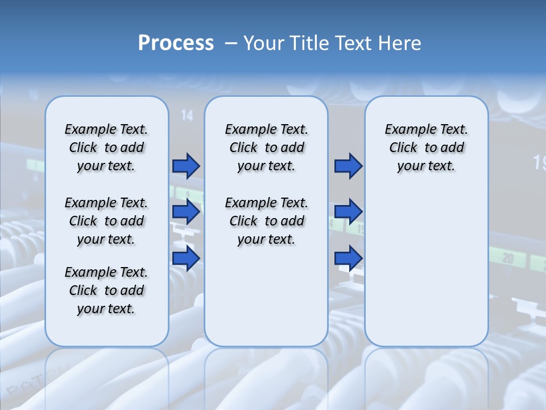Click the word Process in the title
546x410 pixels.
pos(176,43)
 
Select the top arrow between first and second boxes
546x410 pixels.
pos(186,166)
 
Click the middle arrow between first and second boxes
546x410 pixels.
pos(186,212)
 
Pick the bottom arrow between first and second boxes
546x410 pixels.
pos(186,258)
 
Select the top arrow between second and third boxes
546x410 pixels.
pos(348,166)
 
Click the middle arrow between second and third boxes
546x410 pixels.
pos(348,212)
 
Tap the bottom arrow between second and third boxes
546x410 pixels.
pos(348,258)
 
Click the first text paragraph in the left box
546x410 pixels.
pos(106,147)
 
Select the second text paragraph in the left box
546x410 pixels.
pos(106,221)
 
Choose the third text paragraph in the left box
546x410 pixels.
pos(106,290)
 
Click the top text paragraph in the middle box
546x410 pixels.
pos(266,147)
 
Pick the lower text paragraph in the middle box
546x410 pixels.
pos(266,221)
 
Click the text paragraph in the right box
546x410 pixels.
pos(426,147)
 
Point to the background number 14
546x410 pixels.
pos(187,116)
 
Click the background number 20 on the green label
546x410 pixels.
pos(507,259)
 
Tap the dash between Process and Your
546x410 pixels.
pos(231,43)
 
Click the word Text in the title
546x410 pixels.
pos(354,43)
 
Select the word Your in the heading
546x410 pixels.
pos(264,43)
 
